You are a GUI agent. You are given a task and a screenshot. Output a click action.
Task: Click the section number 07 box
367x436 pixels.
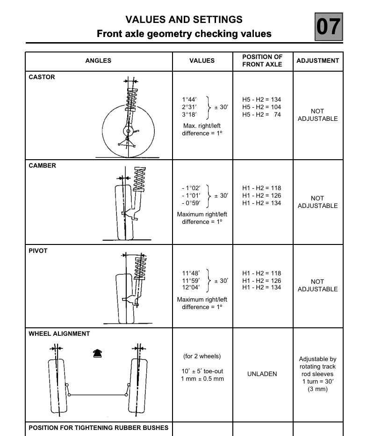329,27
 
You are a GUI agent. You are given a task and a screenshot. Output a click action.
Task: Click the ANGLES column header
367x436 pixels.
98,60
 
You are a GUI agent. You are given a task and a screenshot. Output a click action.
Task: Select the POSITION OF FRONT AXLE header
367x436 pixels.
262,60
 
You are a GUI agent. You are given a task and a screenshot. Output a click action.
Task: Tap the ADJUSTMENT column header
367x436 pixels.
318,60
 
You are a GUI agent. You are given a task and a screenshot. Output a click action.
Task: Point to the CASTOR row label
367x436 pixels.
42,77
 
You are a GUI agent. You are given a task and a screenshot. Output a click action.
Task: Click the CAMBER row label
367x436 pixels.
43,165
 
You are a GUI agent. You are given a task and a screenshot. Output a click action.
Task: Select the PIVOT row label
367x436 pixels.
38,251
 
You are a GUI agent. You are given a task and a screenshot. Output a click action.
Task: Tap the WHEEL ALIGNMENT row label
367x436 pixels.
59,333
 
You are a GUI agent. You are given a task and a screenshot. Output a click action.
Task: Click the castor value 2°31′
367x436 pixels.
189,107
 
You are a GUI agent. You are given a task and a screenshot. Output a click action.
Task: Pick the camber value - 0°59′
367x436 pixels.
191,203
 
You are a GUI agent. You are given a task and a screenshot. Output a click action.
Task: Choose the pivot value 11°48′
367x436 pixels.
191,273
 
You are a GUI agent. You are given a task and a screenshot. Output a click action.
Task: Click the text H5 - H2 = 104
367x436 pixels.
261,107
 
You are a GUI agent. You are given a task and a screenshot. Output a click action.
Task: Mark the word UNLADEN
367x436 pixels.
262,374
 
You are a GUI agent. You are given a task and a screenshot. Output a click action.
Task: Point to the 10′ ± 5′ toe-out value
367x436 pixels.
202,371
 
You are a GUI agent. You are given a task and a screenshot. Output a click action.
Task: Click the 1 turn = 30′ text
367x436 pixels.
318,382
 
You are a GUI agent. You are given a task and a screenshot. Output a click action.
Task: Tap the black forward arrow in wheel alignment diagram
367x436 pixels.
97,354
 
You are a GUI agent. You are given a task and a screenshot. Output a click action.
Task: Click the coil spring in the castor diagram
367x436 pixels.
131,99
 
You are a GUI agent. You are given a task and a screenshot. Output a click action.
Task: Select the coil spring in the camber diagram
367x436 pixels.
140,179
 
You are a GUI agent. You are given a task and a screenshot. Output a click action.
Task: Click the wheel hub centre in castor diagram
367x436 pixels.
128,131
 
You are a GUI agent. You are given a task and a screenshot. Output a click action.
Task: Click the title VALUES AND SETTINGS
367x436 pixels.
184,20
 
